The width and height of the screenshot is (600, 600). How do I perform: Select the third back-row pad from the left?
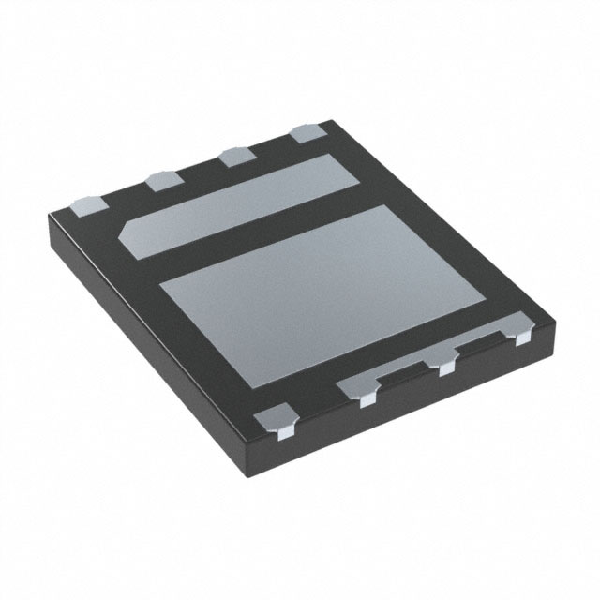coord(235,155)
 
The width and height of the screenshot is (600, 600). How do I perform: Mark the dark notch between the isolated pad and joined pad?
coord(314,403)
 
